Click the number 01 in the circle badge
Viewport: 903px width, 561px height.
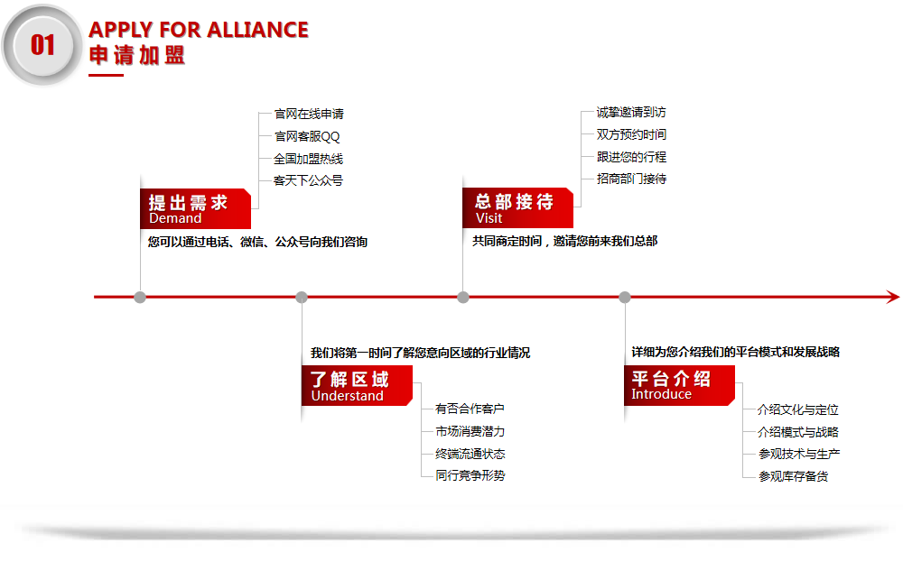tap(42, 45)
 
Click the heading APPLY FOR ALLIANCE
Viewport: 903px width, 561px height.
tap(199, 30)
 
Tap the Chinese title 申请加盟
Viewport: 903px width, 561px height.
tap(137, 55)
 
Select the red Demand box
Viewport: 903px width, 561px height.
tap(195, 208)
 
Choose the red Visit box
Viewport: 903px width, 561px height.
tap(517, 207)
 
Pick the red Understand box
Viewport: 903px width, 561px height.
tap(357, 385)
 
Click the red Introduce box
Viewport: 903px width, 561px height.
tap(680, 385)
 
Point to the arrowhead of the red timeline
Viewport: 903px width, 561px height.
tap(893, 297)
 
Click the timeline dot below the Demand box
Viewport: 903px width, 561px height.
tap(140, 298)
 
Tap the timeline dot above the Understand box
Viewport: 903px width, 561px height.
tap(302, 298)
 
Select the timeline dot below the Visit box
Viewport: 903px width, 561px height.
tap(463, 298)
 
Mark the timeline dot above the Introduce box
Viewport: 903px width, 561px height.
tap(625, 298)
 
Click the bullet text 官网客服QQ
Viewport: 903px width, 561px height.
tap(307, 136)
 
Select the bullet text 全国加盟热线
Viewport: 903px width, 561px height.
tap(308, 159)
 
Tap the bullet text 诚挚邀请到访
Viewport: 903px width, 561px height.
tap(631, 112)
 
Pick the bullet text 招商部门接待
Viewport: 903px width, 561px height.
tap(632, 179)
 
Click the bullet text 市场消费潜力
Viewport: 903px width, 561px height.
tap(470, 431)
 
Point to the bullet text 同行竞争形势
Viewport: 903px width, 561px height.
tap(470, 475)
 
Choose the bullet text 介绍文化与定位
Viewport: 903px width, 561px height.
tap(798, 409)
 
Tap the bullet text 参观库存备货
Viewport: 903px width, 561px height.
tap(793, 476)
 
